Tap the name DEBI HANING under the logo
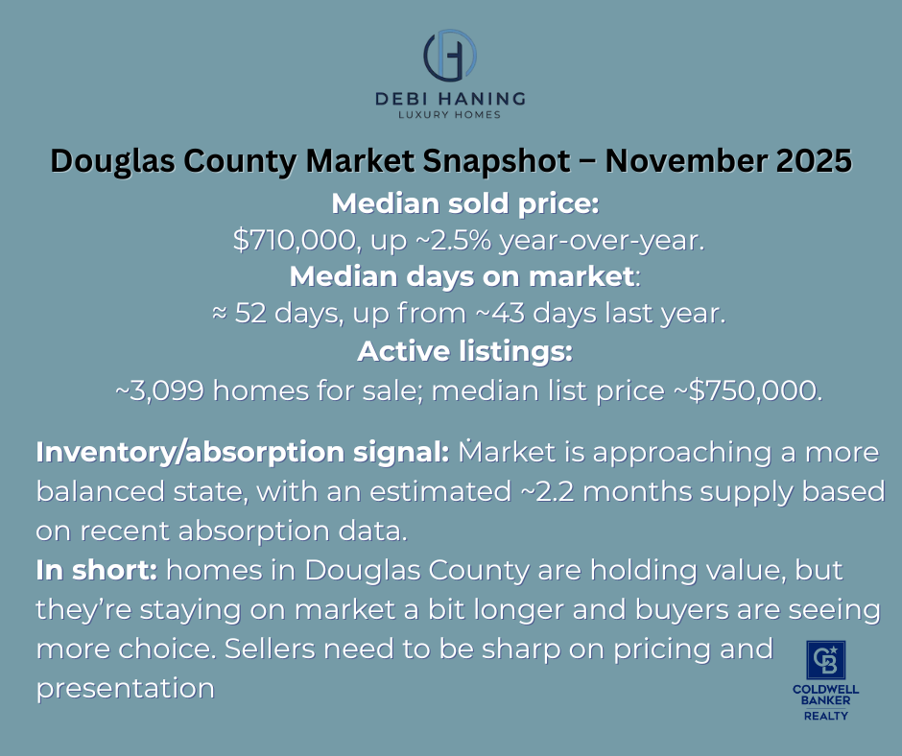(450, 98)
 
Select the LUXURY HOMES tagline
(450, 115)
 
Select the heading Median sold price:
(450, 204)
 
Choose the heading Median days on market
(461, 277)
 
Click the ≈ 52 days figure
(271, 315)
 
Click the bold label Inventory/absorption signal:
(242, 452)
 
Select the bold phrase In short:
(97, 570)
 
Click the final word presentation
(125, 688)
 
